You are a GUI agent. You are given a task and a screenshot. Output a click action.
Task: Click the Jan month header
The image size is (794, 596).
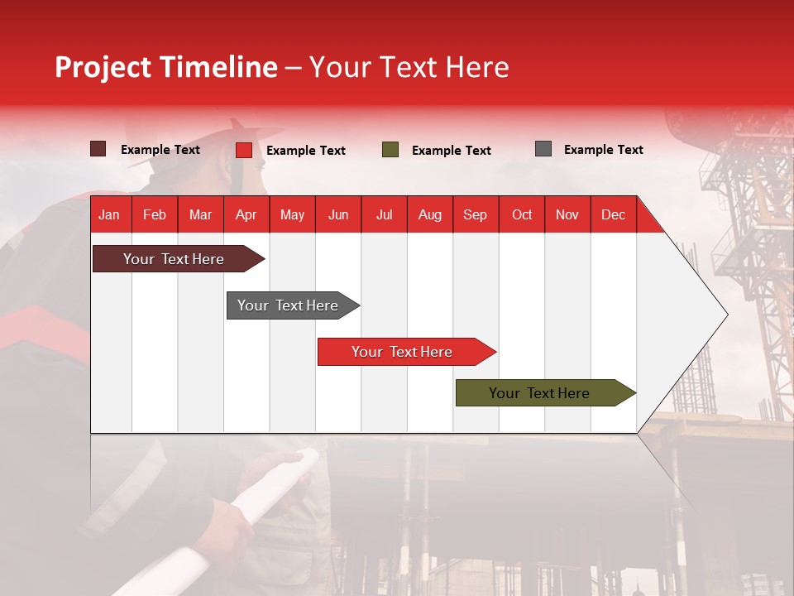click(110, 214)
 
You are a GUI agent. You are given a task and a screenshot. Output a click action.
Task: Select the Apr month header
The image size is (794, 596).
click(246, 214)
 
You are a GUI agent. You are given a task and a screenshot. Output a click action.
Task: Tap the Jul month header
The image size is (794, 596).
click(384, 214)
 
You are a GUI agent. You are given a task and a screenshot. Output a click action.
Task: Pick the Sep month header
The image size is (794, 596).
click(476, 214)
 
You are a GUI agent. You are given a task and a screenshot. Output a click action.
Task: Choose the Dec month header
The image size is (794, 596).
click(613, 214)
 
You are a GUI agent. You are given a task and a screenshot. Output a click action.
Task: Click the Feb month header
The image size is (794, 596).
click(155, 214)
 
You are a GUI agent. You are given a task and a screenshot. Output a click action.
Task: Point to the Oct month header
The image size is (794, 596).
click(522, 214)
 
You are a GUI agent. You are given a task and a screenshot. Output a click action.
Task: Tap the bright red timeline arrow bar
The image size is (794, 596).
click(403, 352)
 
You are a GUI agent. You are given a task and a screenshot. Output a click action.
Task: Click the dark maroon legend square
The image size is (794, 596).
click(98, 149)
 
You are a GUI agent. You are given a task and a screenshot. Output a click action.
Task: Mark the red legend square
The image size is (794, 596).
click(244, 150)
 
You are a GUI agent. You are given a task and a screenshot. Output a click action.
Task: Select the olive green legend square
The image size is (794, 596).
click(390, 150)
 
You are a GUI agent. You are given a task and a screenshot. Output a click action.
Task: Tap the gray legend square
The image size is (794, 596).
click(543, 149)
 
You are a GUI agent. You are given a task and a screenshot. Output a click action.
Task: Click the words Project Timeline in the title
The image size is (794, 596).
click(166, 67)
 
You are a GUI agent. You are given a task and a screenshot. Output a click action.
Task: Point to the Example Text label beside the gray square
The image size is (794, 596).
click(603, 150)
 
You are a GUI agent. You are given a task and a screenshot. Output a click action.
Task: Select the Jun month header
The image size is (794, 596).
click(338, 214)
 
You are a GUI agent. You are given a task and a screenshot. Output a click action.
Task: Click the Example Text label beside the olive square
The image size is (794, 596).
click(451, 151)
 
